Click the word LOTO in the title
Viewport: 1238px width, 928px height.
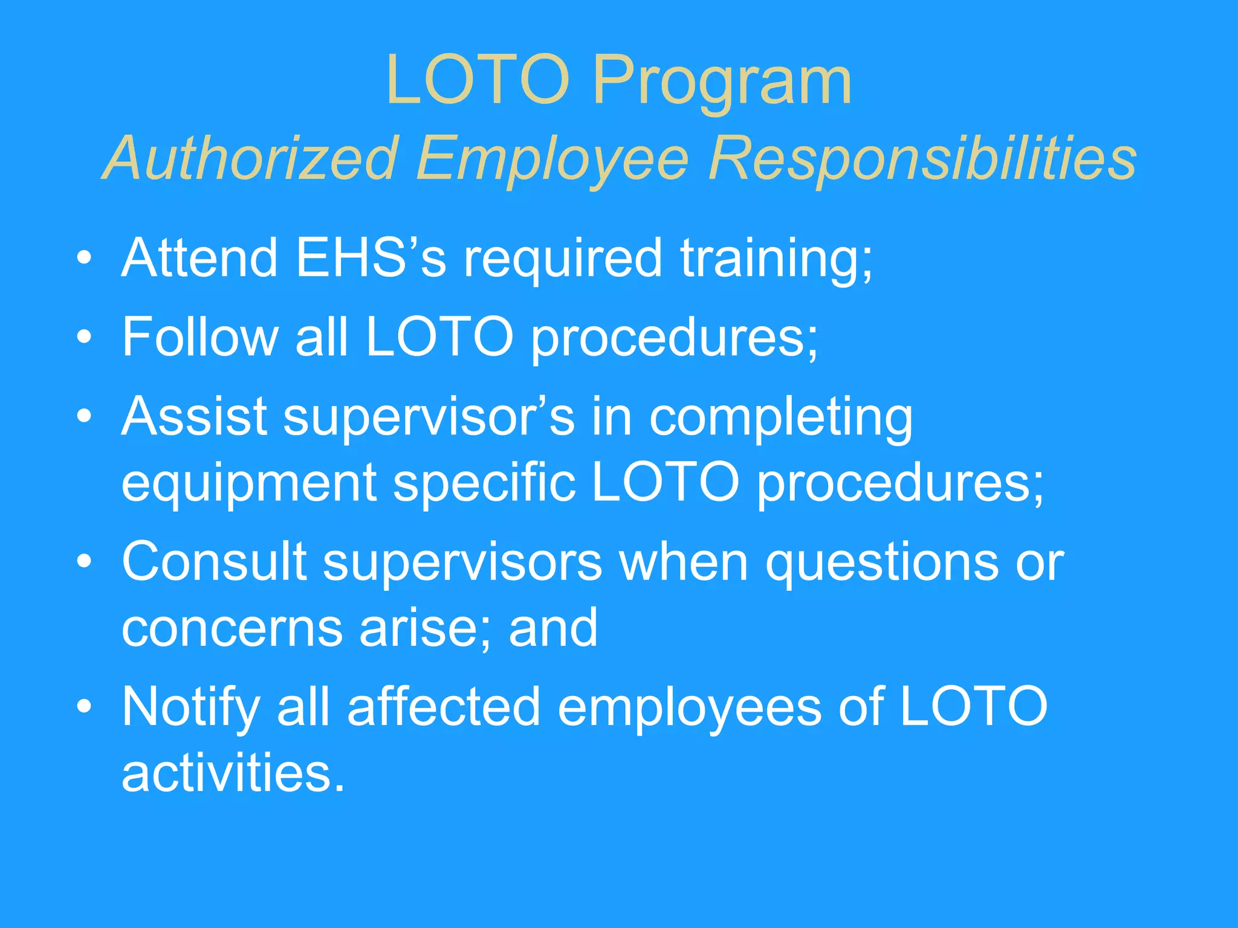478,80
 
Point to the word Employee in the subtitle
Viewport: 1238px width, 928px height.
552,158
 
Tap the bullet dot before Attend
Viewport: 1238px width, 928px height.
85,258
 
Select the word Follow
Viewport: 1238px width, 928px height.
199,337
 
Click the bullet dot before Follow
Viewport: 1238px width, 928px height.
85,337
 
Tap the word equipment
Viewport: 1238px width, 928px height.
249,483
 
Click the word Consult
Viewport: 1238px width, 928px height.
214,561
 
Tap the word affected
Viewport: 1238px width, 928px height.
443,707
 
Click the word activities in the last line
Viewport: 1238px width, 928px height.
233,773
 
